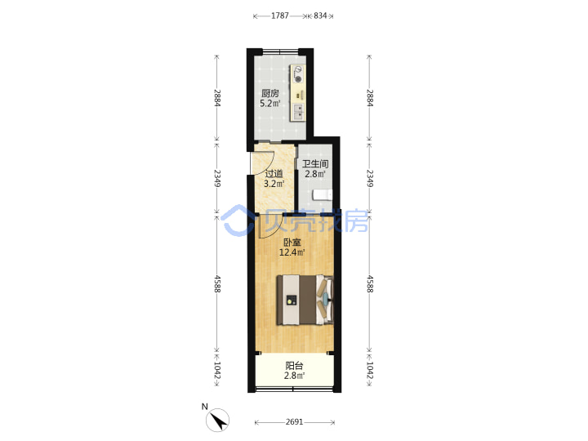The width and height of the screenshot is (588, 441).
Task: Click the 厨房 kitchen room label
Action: coord(270,93)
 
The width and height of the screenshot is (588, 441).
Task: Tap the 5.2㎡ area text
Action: coord(270,103)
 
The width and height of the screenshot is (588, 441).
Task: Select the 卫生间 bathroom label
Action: coord(315,164)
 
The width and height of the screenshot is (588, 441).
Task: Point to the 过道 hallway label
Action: coord(274,174)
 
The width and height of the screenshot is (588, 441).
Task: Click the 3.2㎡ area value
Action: coord(274,184)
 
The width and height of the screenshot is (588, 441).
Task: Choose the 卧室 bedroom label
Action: coord(292,243)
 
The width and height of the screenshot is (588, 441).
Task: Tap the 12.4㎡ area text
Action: coord(292,252)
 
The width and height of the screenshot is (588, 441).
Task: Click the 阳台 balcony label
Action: coord(294,366)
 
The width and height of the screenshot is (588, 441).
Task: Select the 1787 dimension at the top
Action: coord(280,16)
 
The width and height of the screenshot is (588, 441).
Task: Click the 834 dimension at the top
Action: coord(320,16)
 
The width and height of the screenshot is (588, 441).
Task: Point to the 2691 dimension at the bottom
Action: coord(294,422)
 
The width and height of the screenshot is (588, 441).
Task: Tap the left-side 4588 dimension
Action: coord(216,284)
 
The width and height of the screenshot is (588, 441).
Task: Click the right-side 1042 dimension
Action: coord(369,370)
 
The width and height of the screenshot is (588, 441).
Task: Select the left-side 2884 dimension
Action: coord(216,98)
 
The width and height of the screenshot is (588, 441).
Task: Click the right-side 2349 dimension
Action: coord(369,178)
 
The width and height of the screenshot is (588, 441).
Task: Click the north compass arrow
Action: coord(218,420)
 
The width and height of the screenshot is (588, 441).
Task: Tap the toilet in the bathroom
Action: coord(322,194)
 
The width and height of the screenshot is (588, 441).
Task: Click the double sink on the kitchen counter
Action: coord(298,111)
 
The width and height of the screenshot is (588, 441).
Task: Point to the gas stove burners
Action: coord(298,74)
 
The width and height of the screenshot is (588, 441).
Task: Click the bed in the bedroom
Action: coord(305,300)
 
